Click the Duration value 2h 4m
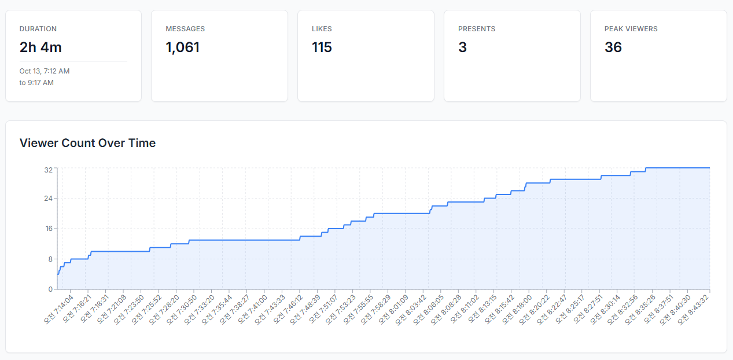40,47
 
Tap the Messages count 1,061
182,47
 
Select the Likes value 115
322,47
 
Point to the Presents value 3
462,47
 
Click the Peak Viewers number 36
613,47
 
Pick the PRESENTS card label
477,29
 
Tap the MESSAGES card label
185,29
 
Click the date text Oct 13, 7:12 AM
45,71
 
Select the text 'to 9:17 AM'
36,83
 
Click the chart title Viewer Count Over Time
87,143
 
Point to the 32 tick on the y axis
48,170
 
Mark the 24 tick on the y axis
48,198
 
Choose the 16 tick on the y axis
48,228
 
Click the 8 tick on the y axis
50,259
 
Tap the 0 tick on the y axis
50,289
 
